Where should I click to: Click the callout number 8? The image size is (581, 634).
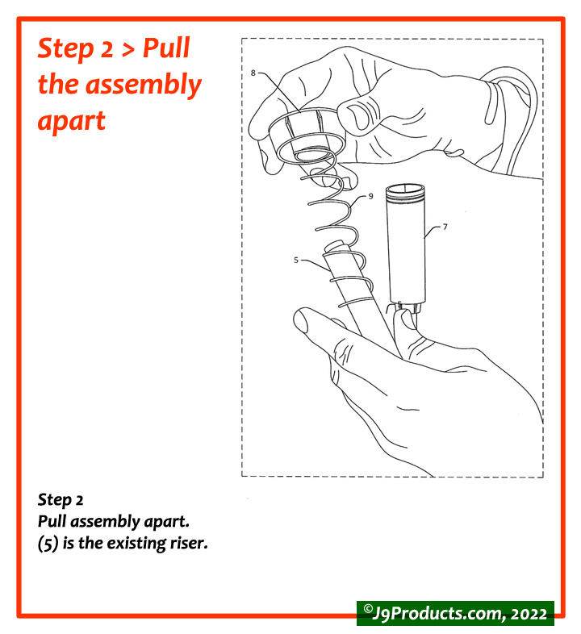253,73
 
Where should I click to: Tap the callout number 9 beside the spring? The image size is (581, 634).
370,196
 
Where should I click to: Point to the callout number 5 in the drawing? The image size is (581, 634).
297,260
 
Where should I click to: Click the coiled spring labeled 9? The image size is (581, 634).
339,218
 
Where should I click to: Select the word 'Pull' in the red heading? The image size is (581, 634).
166,49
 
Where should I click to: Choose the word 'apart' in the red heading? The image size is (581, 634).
72,120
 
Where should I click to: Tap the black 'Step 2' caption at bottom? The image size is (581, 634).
61,501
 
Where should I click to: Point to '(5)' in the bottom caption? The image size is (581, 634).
49,543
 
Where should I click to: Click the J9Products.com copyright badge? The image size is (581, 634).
455,612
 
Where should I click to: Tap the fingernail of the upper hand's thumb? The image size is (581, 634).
357,117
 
